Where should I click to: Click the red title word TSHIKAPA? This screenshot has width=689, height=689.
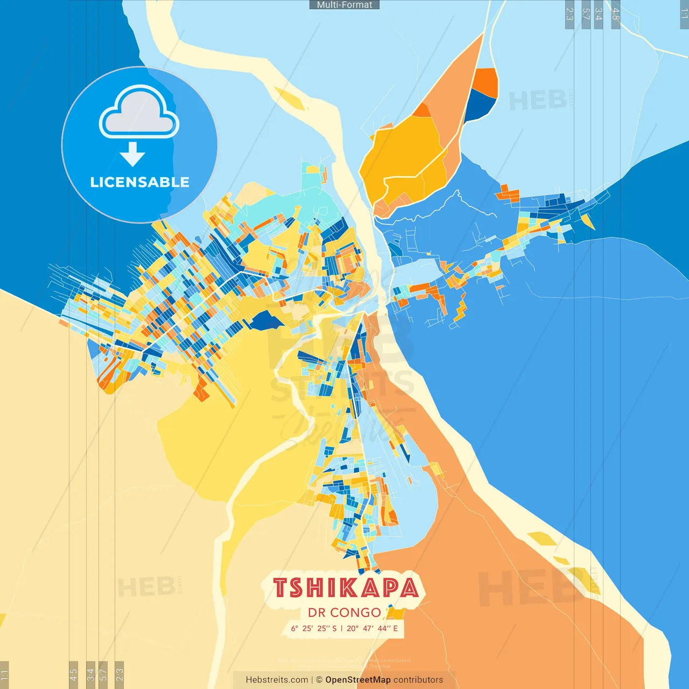coord(346,588)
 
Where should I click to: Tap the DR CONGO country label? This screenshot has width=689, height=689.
coord(344,613)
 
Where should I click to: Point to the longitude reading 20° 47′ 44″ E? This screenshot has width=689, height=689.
coord(372,628)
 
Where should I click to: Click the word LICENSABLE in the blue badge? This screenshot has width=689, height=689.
coord(139,182)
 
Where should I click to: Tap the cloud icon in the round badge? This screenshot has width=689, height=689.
coord(139,113)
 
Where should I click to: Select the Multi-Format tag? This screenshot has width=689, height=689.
coord(344,5)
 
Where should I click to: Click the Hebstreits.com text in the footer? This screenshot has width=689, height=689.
coord(277,680)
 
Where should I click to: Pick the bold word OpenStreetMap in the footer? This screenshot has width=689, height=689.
coord(357,680)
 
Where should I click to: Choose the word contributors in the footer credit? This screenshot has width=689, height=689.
coord(418,680)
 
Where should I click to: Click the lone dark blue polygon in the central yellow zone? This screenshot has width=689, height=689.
coord(266,321)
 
